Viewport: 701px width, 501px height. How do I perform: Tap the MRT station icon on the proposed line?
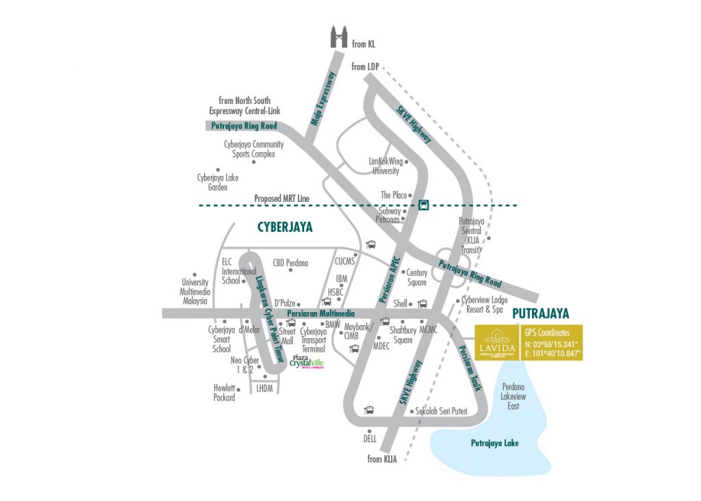424,204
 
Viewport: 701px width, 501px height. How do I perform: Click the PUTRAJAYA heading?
541,313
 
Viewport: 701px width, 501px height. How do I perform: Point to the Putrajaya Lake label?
494,444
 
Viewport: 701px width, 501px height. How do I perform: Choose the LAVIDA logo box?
496,343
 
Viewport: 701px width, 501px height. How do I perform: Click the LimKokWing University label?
385,166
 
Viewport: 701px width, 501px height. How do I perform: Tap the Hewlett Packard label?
224,392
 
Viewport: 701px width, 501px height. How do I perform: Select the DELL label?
370,438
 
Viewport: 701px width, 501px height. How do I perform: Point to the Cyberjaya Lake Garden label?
218,182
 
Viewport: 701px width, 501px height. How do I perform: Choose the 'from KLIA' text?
383,459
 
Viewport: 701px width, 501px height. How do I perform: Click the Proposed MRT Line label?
282,198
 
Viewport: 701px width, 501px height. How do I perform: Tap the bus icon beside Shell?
422,303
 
